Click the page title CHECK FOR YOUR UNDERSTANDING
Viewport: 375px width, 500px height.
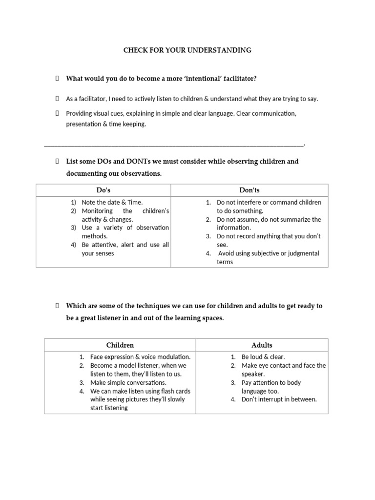tap(187, 50)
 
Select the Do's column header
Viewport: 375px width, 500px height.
tap(103, 190)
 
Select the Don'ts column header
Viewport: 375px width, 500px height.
tap(250, 190)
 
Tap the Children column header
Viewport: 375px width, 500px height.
tap(120, 345)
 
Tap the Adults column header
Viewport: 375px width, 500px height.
tap(262, 345)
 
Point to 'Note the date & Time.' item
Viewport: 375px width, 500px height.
tap(112, 202)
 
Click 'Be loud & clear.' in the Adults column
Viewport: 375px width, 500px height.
tap(263, 357)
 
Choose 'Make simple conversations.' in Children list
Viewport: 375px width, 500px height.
tap(128, 383)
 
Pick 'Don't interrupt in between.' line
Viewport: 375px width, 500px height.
tap(279, 399)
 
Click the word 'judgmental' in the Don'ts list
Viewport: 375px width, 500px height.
tap(301, 253)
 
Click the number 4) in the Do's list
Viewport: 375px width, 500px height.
tap(74, 245)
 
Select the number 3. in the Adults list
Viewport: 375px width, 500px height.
tap(233, 383)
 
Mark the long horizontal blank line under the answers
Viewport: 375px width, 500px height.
tap(174, 145)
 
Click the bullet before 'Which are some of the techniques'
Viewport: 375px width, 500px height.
tap(57, 306)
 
